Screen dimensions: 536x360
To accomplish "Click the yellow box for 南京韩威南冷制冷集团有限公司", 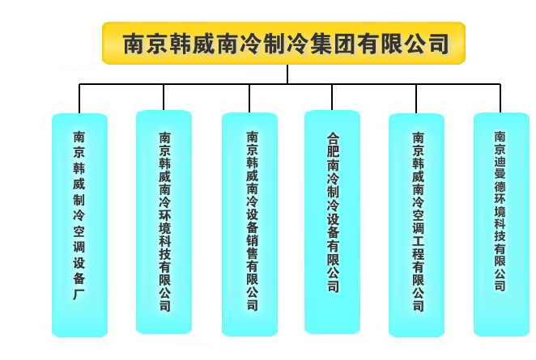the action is click(x=283, y=43).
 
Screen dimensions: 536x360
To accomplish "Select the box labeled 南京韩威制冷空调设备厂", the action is click(x=79, y=225).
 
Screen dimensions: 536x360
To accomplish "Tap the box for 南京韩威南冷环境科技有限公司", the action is click(x=164, y=222).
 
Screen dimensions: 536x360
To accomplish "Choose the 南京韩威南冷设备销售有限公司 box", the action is click(x=249, y=224).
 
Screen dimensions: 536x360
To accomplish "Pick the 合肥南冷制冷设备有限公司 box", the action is click(x=332, y=222).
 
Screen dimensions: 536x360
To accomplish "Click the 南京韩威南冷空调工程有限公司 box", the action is click(x=416, y=225).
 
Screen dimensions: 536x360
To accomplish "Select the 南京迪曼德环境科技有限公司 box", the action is click(x=501, y=224).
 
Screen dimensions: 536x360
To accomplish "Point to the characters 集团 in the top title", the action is click(x=333, y=44).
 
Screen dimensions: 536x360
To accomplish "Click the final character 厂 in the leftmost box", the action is click(x=79, y=294).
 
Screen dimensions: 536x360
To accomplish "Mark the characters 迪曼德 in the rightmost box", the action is click(x=500, y=174).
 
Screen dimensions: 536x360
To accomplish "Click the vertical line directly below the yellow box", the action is click(x=287, y=74).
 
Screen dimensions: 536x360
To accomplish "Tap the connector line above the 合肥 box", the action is click(x=332, y=97).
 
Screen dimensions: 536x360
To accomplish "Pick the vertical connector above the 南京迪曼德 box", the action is click(x=500, y=99).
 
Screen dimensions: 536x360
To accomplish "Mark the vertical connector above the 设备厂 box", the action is click(x=79, y=99).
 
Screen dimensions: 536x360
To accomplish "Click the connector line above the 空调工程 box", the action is click(x=416, y=99).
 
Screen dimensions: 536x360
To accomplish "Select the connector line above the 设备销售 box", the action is click(x=249, y=99).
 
